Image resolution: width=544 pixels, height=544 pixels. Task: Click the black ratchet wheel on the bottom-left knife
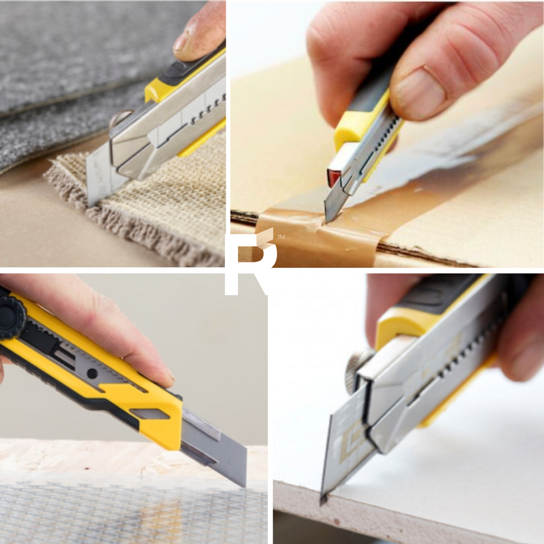11,317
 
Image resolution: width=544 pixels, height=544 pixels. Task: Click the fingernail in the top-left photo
182,41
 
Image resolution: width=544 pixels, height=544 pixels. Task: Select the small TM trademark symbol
281,237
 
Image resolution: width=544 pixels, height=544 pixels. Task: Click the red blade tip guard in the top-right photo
334,177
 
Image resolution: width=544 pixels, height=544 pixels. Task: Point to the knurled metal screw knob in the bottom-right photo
358,369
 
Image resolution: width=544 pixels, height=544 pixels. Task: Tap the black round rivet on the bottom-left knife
92,373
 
